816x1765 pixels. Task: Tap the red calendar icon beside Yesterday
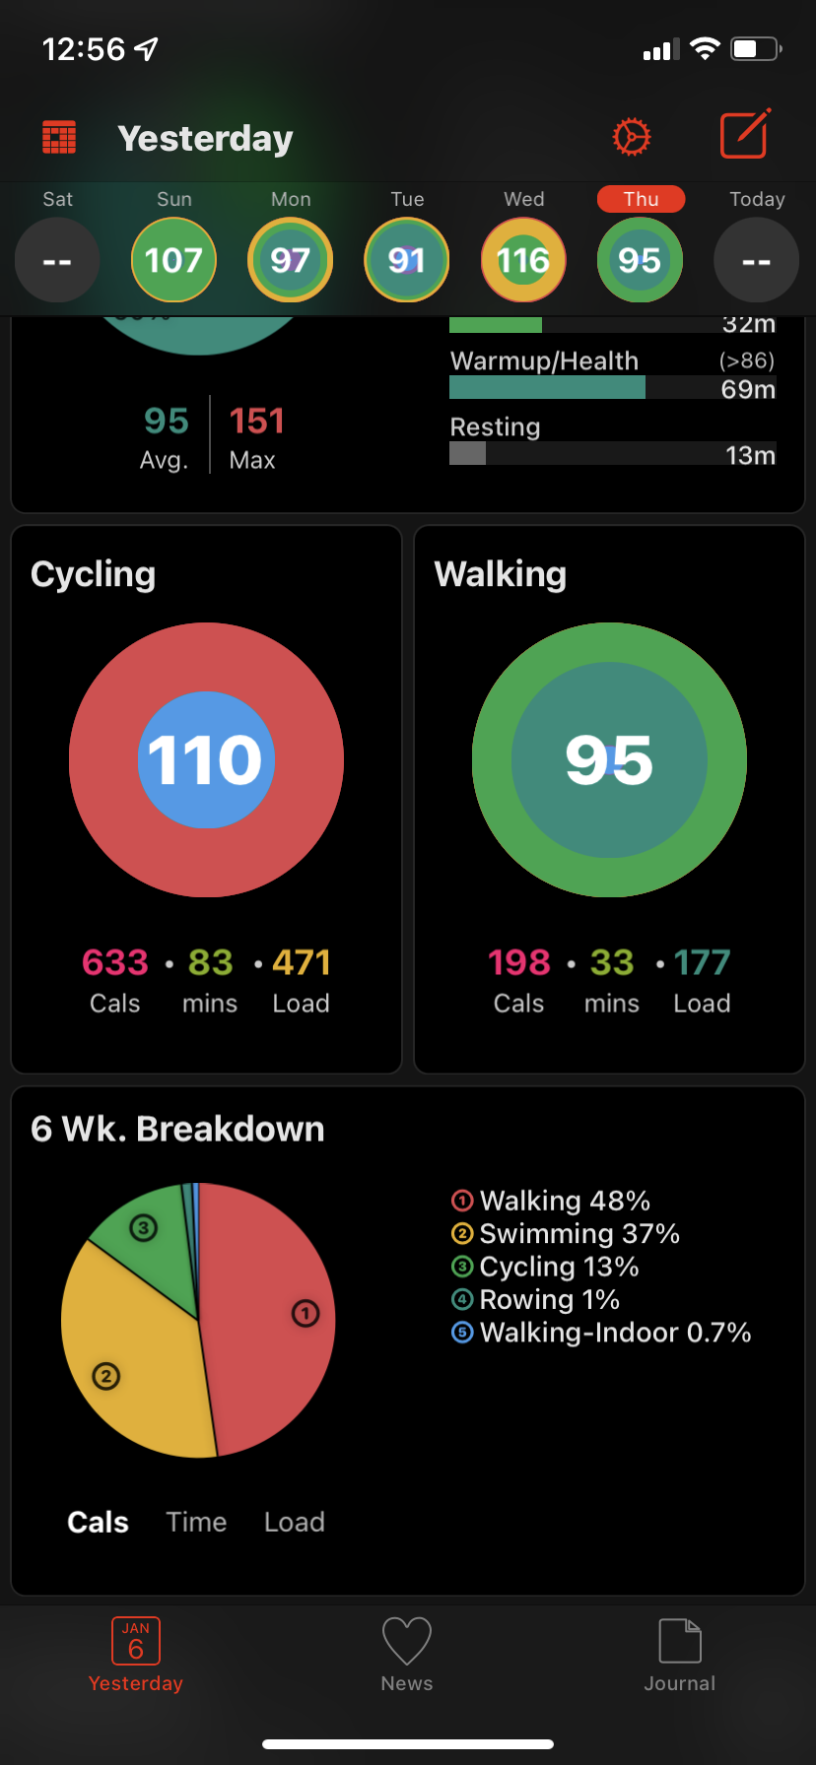(59, 138)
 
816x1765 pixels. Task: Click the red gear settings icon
(632, 137)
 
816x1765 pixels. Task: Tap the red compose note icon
(745, 134)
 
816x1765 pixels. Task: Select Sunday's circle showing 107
(173, 260)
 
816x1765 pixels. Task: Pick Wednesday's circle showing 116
(523, 260)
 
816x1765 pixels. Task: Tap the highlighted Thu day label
(641, 199)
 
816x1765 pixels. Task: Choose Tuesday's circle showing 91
(407, 260)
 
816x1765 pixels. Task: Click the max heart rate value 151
(256, 422)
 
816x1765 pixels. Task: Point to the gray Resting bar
(467, 453)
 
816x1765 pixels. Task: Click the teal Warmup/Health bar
(547, 387)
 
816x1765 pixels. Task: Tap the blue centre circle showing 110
(206, 759)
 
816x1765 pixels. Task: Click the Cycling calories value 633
(115, 962)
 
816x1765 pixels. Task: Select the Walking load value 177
(703, 962)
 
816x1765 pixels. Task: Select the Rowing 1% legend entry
(536, 1300)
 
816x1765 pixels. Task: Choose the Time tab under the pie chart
(196, 1522)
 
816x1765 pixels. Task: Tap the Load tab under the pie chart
(295, 1522)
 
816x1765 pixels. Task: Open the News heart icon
(407, 1642)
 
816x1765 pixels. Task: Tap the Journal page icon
(680, 1641)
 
